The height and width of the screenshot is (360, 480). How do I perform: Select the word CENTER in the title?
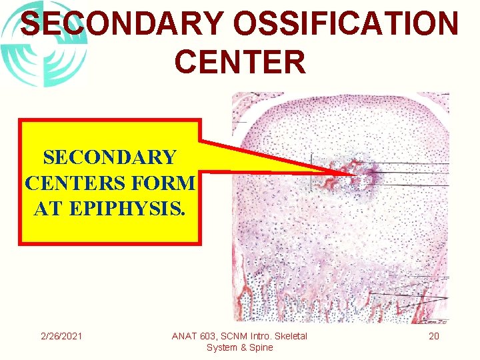pos(240,61)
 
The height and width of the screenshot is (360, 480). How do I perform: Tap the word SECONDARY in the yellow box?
pos(110,158)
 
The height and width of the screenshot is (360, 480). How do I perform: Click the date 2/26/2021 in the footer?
pos(61,336)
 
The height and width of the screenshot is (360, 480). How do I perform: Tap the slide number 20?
pos(434,336)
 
